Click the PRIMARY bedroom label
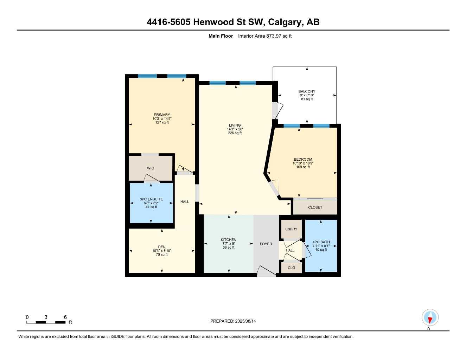point(162,115)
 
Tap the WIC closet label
point(151,168)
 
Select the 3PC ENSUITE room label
point(151,199)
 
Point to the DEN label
point(162,247)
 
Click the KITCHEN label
point(228,240)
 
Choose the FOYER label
point(266,244)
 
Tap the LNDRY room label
point(291,229)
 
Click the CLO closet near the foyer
point(291,268)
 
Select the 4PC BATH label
point(321,242)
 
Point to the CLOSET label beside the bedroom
point(315,207)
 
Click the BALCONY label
point(307,91)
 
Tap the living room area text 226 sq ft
point(235,133)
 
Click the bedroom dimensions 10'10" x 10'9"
point(303,163)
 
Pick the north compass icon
point(430,318)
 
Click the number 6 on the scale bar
point(65,317)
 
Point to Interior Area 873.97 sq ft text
point(265,36)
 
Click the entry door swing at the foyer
point(266,271)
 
